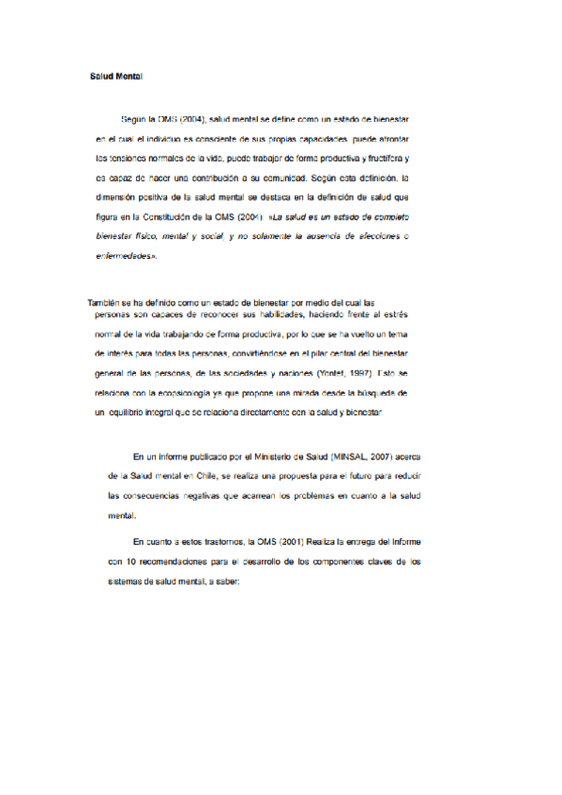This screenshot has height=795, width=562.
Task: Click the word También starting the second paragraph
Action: tap(105, 304)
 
